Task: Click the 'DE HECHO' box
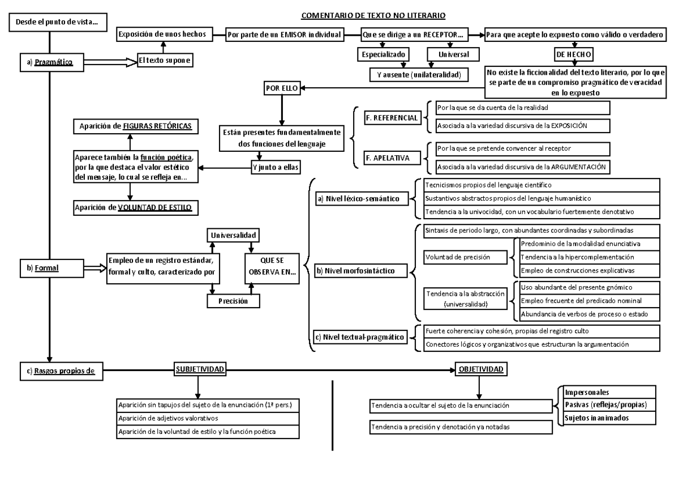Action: tap(574, 54)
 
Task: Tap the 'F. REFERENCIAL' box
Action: tap(391, 117)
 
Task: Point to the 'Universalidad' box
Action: tap(234, 234)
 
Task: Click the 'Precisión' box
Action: tap(234, 301)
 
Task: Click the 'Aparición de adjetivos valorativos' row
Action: tap(205, 418)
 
